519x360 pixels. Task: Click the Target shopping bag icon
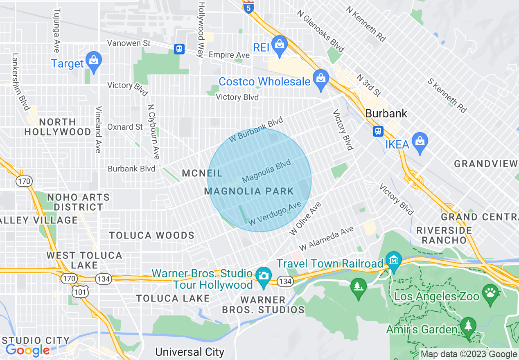click(x=94, y=62)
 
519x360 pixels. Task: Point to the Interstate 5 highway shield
click(x=248, y=7)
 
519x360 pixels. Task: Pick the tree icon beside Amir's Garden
click(x=467, y=327)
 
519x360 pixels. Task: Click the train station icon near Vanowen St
click(x=179, y=49)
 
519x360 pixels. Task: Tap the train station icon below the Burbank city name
click(x=378, y=131)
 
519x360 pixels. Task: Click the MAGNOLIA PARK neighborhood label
click(x=249, y=191)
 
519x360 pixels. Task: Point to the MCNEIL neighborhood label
click(x=202, y=173)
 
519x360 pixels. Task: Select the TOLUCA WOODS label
click(x=151, y=235)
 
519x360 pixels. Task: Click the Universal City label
click(x=190, y=352)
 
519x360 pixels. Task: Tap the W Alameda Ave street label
click(x=326, y=239)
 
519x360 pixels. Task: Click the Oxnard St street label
click(x=125, y=127)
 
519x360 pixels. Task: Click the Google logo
click(x=27, y=350)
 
